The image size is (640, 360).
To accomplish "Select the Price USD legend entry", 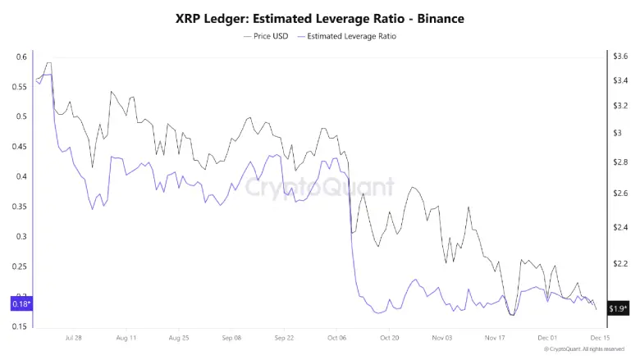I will click(x=267, y=37).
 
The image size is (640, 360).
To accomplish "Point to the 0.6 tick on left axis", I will click(x=22, y=57).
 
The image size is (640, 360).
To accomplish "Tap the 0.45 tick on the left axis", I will click(x=21, y=147).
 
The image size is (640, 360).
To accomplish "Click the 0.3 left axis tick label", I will click(x=22, y=237).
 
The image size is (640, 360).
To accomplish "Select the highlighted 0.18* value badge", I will click(x=19, y=304).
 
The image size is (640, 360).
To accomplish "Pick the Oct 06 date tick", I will click(x=337, y=337).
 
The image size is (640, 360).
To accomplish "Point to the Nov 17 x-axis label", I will click(x=496, y=337).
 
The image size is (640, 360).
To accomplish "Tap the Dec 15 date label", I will click(x=600, y=337).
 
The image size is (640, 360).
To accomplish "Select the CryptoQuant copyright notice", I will click(x=584, y=349).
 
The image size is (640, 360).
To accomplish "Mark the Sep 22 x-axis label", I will click(x=285, y=337).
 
